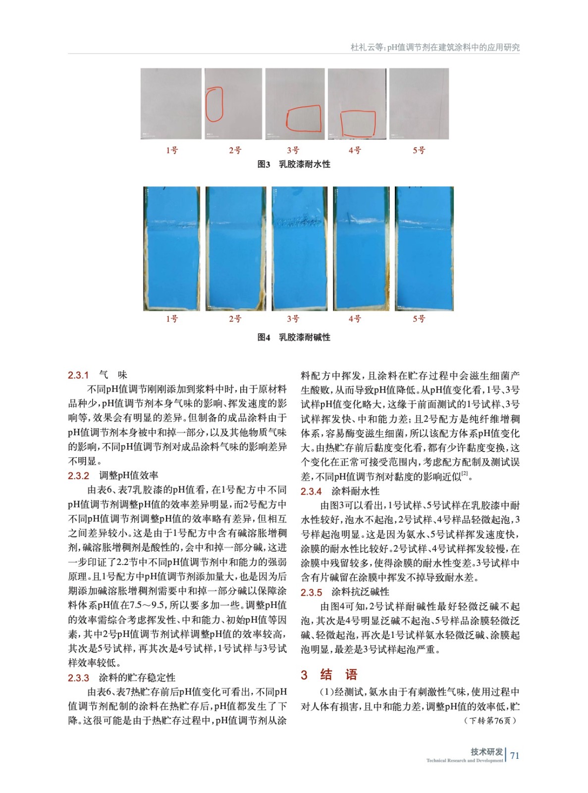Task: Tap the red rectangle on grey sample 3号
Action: tap(304, 119)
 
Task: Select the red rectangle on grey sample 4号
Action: tap(358, 124)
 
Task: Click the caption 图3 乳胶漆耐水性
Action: tap(294, 165)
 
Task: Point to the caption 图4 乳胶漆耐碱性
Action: tap(294, 338)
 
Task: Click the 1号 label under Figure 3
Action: tap(172, 150)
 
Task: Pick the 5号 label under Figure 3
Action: tap(419, 150)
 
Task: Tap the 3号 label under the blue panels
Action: tap(293, 319)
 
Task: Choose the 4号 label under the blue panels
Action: tap(355, 319)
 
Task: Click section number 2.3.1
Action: tap(78, 375)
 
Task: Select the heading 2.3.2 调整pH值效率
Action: tap(113, 476)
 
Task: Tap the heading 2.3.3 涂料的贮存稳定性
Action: tap(122, 678)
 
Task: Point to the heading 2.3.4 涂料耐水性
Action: tap(340, 491)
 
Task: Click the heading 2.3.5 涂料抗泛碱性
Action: tap(345, 592)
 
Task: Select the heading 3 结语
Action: tap(329, 675)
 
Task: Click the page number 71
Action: tap(515, 755)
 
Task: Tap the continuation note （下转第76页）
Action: tap(490, 721)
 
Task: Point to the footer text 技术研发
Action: tap(486, 752)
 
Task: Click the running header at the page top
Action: tap(435, 48)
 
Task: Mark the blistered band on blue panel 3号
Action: tap(299, 224)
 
